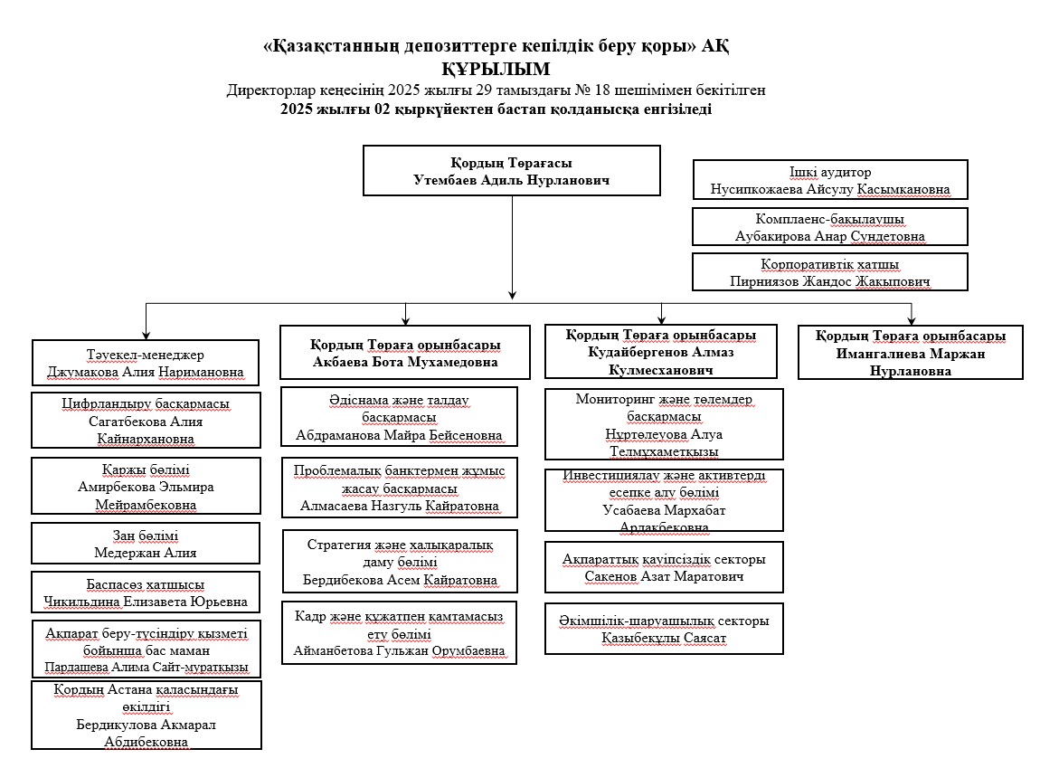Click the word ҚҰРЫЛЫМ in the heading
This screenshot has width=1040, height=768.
(x=496, y=69)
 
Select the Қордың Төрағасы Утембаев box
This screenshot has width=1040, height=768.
(x=511, y=171)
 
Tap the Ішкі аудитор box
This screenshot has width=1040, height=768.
(x=829, y=180)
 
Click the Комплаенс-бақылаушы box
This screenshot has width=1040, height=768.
(x=829, y=227)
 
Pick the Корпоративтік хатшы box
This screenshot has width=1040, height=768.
(x=829, y=271)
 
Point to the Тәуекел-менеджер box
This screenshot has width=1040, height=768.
(x=146, y=362)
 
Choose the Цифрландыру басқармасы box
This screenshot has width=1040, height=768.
(x=146, y=421)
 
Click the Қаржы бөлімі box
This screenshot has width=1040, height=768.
(x=146, y=487)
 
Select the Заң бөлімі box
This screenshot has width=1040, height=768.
(x=146, y=543)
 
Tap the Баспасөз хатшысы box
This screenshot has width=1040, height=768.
(x=146, y=593)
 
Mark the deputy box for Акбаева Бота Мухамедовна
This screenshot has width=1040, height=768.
(x=405, y=353)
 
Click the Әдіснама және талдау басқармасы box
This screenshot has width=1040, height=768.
(x=399, y=417)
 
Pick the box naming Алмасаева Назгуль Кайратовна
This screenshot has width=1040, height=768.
(x=399, y=488)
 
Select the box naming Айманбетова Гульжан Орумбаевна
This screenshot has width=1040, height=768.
(x=399, y=632)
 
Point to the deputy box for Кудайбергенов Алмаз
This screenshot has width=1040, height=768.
(x=661, y=352)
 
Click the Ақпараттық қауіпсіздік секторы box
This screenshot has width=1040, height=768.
(x=664, y=567)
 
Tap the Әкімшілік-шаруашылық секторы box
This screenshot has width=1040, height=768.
(x=664, y=629)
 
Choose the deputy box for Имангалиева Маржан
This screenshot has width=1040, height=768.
(x=911, y=352)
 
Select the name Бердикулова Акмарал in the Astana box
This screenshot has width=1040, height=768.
(x=147, y=725)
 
